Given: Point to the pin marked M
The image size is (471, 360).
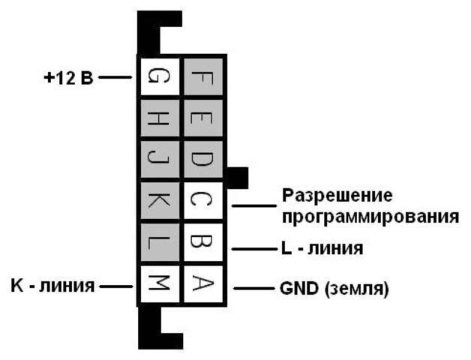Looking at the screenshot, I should coord(158,284).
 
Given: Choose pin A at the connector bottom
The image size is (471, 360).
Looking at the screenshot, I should coord(202,284).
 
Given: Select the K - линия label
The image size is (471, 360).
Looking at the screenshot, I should coord(52,285).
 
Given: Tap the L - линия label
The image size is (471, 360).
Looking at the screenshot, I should coord(323,248).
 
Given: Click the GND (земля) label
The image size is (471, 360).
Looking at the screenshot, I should coord(334,288).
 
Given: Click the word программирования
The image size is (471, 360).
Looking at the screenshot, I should coord(370,217).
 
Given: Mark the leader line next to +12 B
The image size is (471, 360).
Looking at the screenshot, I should coord(116,77).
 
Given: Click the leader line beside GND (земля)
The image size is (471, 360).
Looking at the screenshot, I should coord(251,288).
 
